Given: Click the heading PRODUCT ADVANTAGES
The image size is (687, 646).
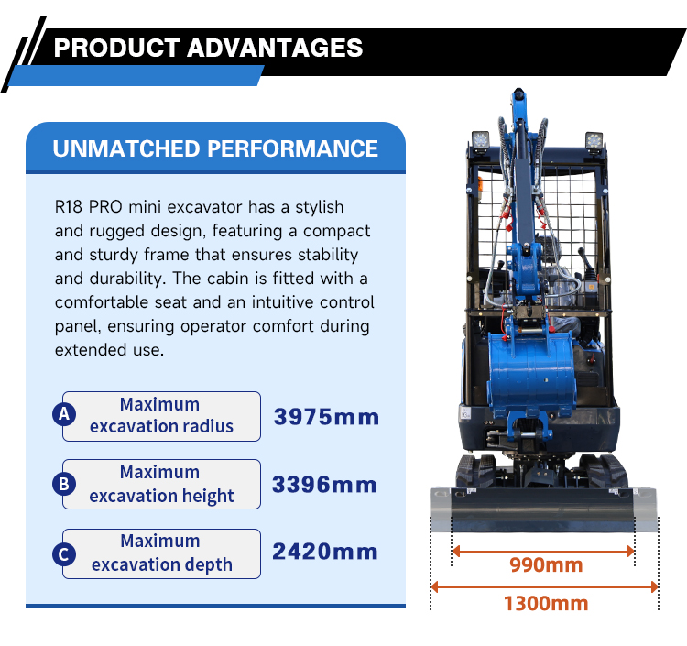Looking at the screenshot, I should pyautogui.click(x=208, y=48).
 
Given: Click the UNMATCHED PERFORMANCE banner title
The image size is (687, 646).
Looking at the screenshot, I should pyautogui.click(x=215, y=148).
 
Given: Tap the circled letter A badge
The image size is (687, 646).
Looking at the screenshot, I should pyautogui.click(x=64, y=414).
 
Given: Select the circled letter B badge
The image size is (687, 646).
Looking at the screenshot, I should pyautogui.click(x=64, y=484).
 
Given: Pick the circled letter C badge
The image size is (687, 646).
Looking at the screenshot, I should pyautogui.click(x=64, y=553).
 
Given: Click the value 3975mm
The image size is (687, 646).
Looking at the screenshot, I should pyautogui.click(x=326, y=417).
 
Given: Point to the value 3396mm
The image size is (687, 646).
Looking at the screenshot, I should pyautogui.click(x=325, y=484).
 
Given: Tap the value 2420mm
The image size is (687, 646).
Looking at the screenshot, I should pyautogui.click(x=325, y=552).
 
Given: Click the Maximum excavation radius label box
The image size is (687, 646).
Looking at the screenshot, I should pyautogui.click(x=161, y=415).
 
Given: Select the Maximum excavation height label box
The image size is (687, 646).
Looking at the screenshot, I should pyautogui.click(x=161, y=484).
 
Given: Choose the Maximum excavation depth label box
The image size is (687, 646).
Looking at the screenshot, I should pyautogui.click(x=161, y=553).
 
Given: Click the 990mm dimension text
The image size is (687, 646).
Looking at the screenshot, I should pyautogui.click(x=546, y=565).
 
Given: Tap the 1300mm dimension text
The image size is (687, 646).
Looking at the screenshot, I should pyautogui.click(x=546, y=603).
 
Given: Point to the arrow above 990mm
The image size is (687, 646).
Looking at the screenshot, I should pyautogui.click(x=543, y=551).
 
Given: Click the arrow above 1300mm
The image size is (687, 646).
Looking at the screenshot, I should pyautogui.click(x=544, y=586).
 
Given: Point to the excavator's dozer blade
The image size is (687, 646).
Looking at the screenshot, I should pyautogui.click(x=543, y=509).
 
